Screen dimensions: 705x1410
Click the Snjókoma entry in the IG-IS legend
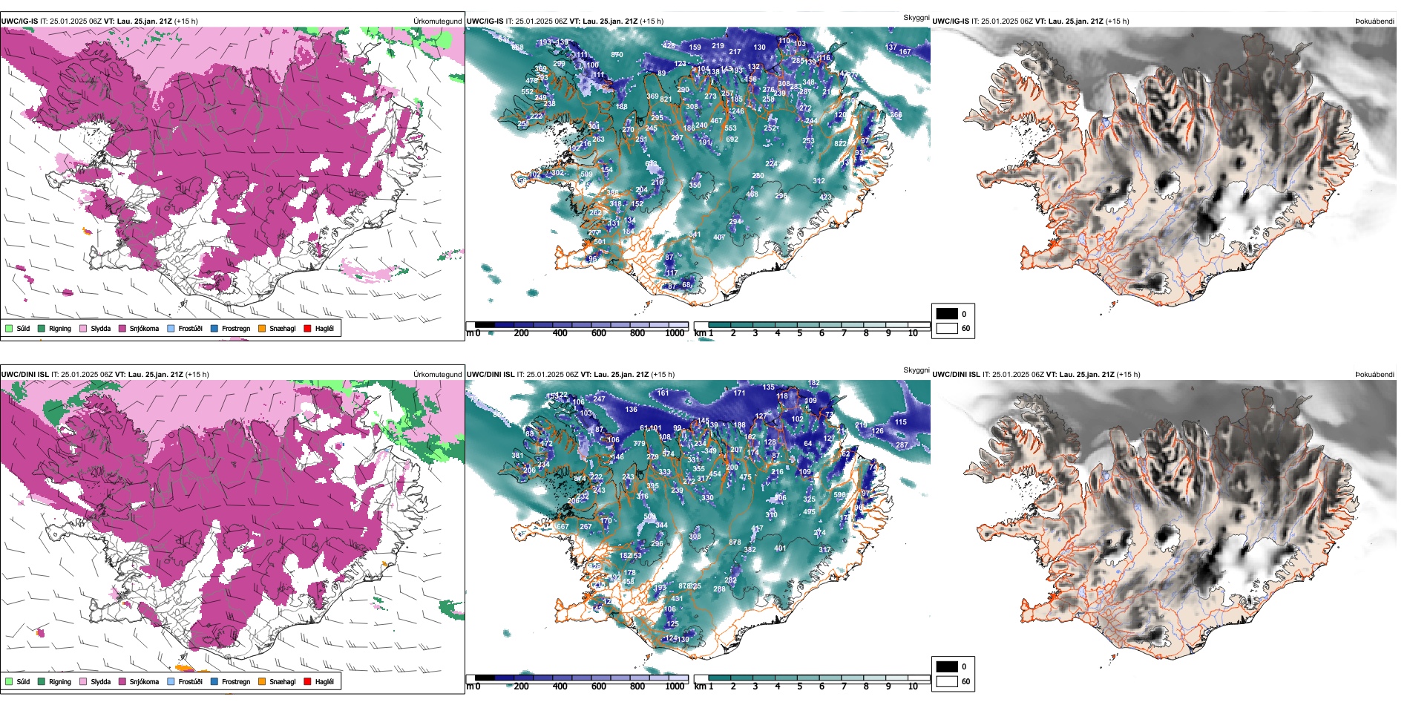[143, 328]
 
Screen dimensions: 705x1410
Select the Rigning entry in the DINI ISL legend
[59, 681]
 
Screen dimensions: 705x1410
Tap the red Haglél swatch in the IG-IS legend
[307, 328]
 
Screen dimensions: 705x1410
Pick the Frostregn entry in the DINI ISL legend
[235, 681]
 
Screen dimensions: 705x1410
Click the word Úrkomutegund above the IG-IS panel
[437, 22]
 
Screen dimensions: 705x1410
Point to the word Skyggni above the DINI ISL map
[916, 370]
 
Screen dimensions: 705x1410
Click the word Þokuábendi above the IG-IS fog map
[1374, 22]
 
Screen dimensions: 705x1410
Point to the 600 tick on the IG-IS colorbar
[599, 333]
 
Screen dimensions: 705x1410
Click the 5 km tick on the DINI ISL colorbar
[799, 686]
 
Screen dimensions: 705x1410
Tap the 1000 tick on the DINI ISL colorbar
[675, 686]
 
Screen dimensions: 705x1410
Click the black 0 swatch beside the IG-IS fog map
[947, 314]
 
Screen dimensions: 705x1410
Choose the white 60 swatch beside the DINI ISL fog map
[947, 681]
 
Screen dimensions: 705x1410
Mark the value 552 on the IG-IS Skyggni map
[527, 92]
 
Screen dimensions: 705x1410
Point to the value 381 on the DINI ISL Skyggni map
[517, 456]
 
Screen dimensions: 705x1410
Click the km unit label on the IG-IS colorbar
[700, 333]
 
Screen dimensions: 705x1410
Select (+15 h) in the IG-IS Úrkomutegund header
[186, 22]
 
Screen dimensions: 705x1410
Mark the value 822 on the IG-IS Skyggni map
[841, 144]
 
